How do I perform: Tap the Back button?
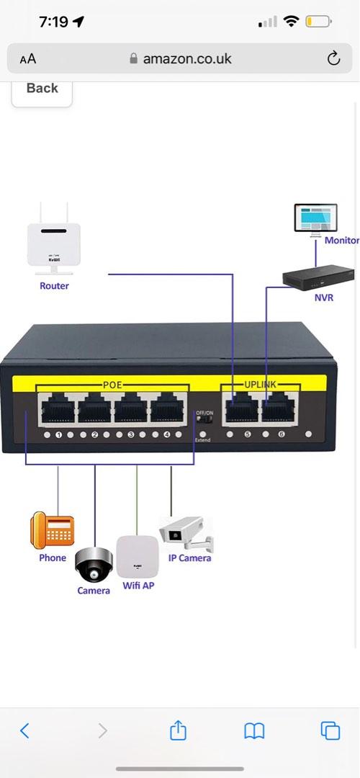click(42, 89)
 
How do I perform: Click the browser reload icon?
click(333, 59)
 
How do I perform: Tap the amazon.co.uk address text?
click(187, 59)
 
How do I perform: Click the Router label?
click(54, 286)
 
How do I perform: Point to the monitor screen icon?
click(315, 218)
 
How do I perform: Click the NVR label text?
click(324, 297)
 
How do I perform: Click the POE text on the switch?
click(112, 385)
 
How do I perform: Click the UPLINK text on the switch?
click(260, 385)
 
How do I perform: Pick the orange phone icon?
click(52, 531)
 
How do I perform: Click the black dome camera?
click(94, 565)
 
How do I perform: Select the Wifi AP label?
click(138, 586)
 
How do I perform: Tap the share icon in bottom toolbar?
click(179, 731)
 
